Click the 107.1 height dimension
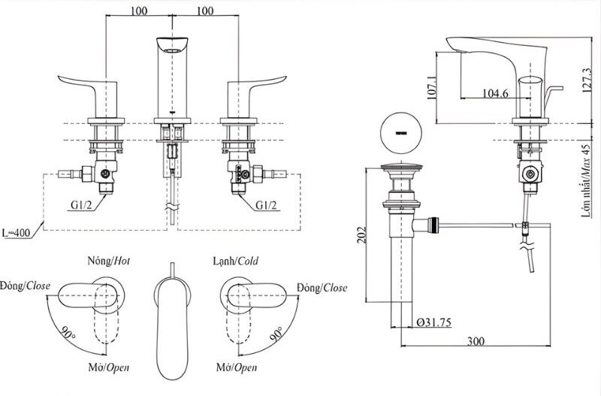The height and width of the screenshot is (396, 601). [x=431, y=88]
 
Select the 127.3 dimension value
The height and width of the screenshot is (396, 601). [x=586, y=80]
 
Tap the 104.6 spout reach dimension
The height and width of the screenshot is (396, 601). [x=495, y=92]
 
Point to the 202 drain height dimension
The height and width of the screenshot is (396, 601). [x=361, y=234]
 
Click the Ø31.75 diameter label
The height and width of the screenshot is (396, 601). [x=433, y=322]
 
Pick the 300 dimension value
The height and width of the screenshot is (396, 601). [x=476, y=341]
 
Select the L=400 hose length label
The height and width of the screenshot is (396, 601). [x=16, y=233]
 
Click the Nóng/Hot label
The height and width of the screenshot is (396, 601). [x=109, y=261]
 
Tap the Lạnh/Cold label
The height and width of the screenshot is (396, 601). [x=236, y=261]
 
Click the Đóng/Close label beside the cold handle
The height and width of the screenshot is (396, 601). [x=322, y=288]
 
